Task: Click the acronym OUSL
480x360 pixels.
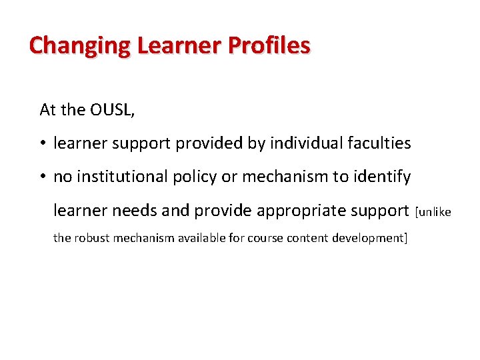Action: (x=109, y=110)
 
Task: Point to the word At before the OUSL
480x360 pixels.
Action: (x=48, y=110)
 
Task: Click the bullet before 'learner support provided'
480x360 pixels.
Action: (x=43, y=143)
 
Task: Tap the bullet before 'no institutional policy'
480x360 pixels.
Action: (x=43, y=177)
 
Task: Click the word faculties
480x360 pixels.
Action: (x=379, y=143)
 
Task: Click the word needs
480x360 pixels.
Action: (x=135, y=211)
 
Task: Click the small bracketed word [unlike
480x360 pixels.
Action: (x=433, y=212)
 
